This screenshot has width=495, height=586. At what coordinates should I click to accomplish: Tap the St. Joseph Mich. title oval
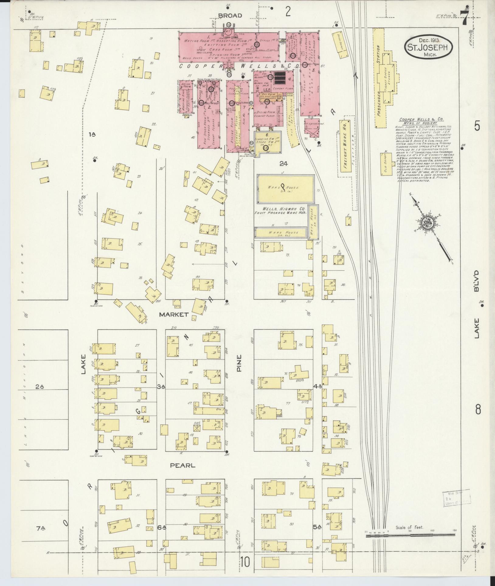(x=428, y=47)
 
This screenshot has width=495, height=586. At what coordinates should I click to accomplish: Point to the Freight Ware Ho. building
(x=344, y=146)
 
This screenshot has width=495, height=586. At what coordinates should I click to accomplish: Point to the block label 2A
(x=40, y=387)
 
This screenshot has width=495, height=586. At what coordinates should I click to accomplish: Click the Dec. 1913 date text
(x=428, y=40)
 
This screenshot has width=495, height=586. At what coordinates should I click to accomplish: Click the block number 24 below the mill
(x=283, y=164)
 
